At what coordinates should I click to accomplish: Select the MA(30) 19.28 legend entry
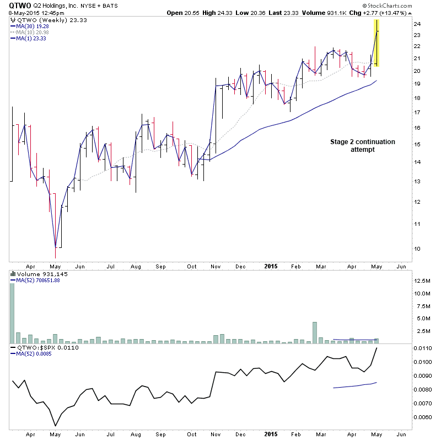coord(34,25)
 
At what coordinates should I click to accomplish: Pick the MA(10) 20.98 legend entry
coord(34,31)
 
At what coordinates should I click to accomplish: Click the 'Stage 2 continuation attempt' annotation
coord(362,146)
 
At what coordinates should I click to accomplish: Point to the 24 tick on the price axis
coord(417,24)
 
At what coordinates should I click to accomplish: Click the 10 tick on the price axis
coord(417,248)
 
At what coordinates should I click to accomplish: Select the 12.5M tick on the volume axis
coord(422,281)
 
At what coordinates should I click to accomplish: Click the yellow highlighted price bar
coord(377,43)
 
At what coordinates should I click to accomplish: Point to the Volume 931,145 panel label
coord(37,273)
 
